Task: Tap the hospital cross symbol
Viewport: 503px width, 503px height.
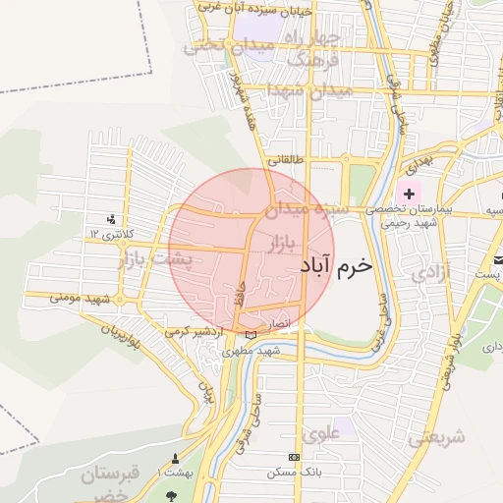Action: click(409, 195)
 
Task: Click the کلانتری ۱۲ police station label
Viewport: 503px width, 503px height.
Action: click(109, 235)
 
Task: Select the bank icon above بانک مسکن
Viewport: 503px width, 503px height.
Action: click(295, 458)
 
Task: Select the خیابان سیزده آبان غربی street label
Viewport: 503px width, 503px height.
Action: click(254, 7)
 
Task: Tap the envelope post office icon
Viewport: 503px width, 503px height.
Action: click(497, 259)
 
